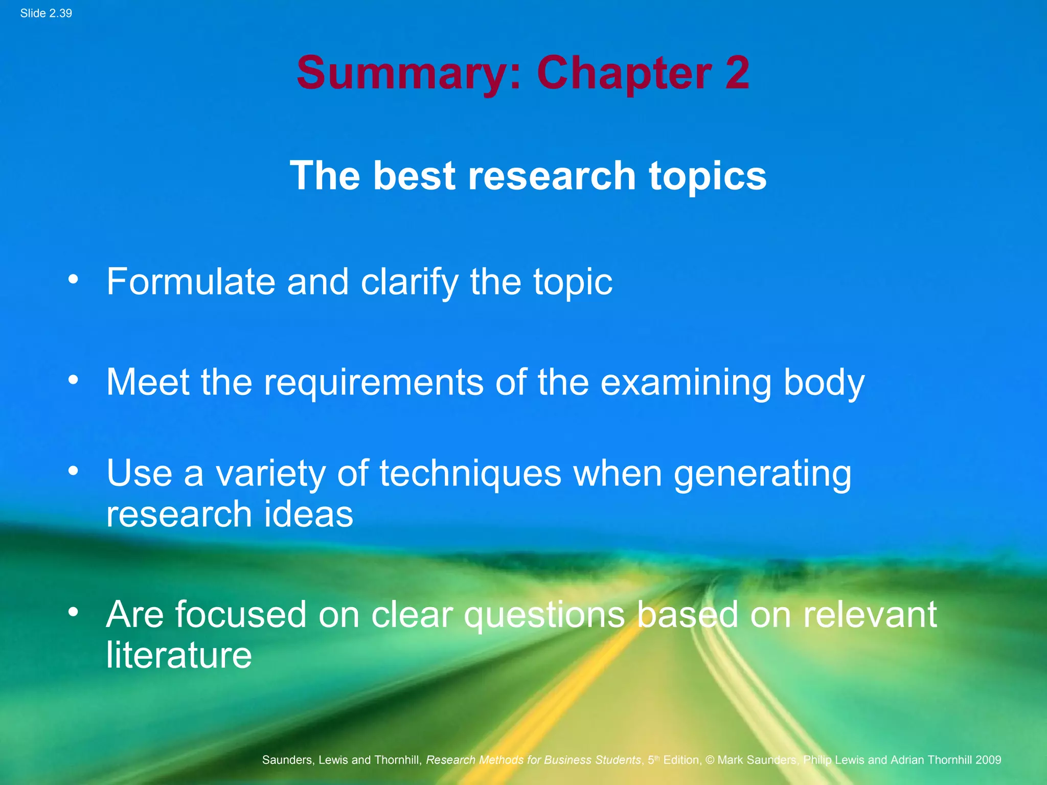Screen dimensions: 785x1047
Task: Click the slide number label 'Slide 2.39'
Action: click(46, 13)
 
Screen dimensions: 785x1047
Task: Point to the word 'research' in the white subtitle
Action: click(552, 176)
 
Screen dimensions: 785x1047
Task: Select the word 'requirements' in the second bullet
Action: click(373, 382)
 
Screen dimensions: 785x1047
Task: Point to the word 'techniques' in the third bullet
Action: click(470, 473)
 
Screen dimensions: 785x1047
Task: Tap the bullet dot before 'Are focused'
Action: click(74, 612)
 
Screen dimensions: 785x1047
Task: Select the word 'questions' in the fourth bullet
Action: click(544, 615)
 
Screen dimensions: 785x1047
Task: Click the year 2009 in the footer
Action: click(988, 760)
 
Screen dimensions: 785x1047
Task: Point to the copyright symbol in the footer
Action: click(710, 760)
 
